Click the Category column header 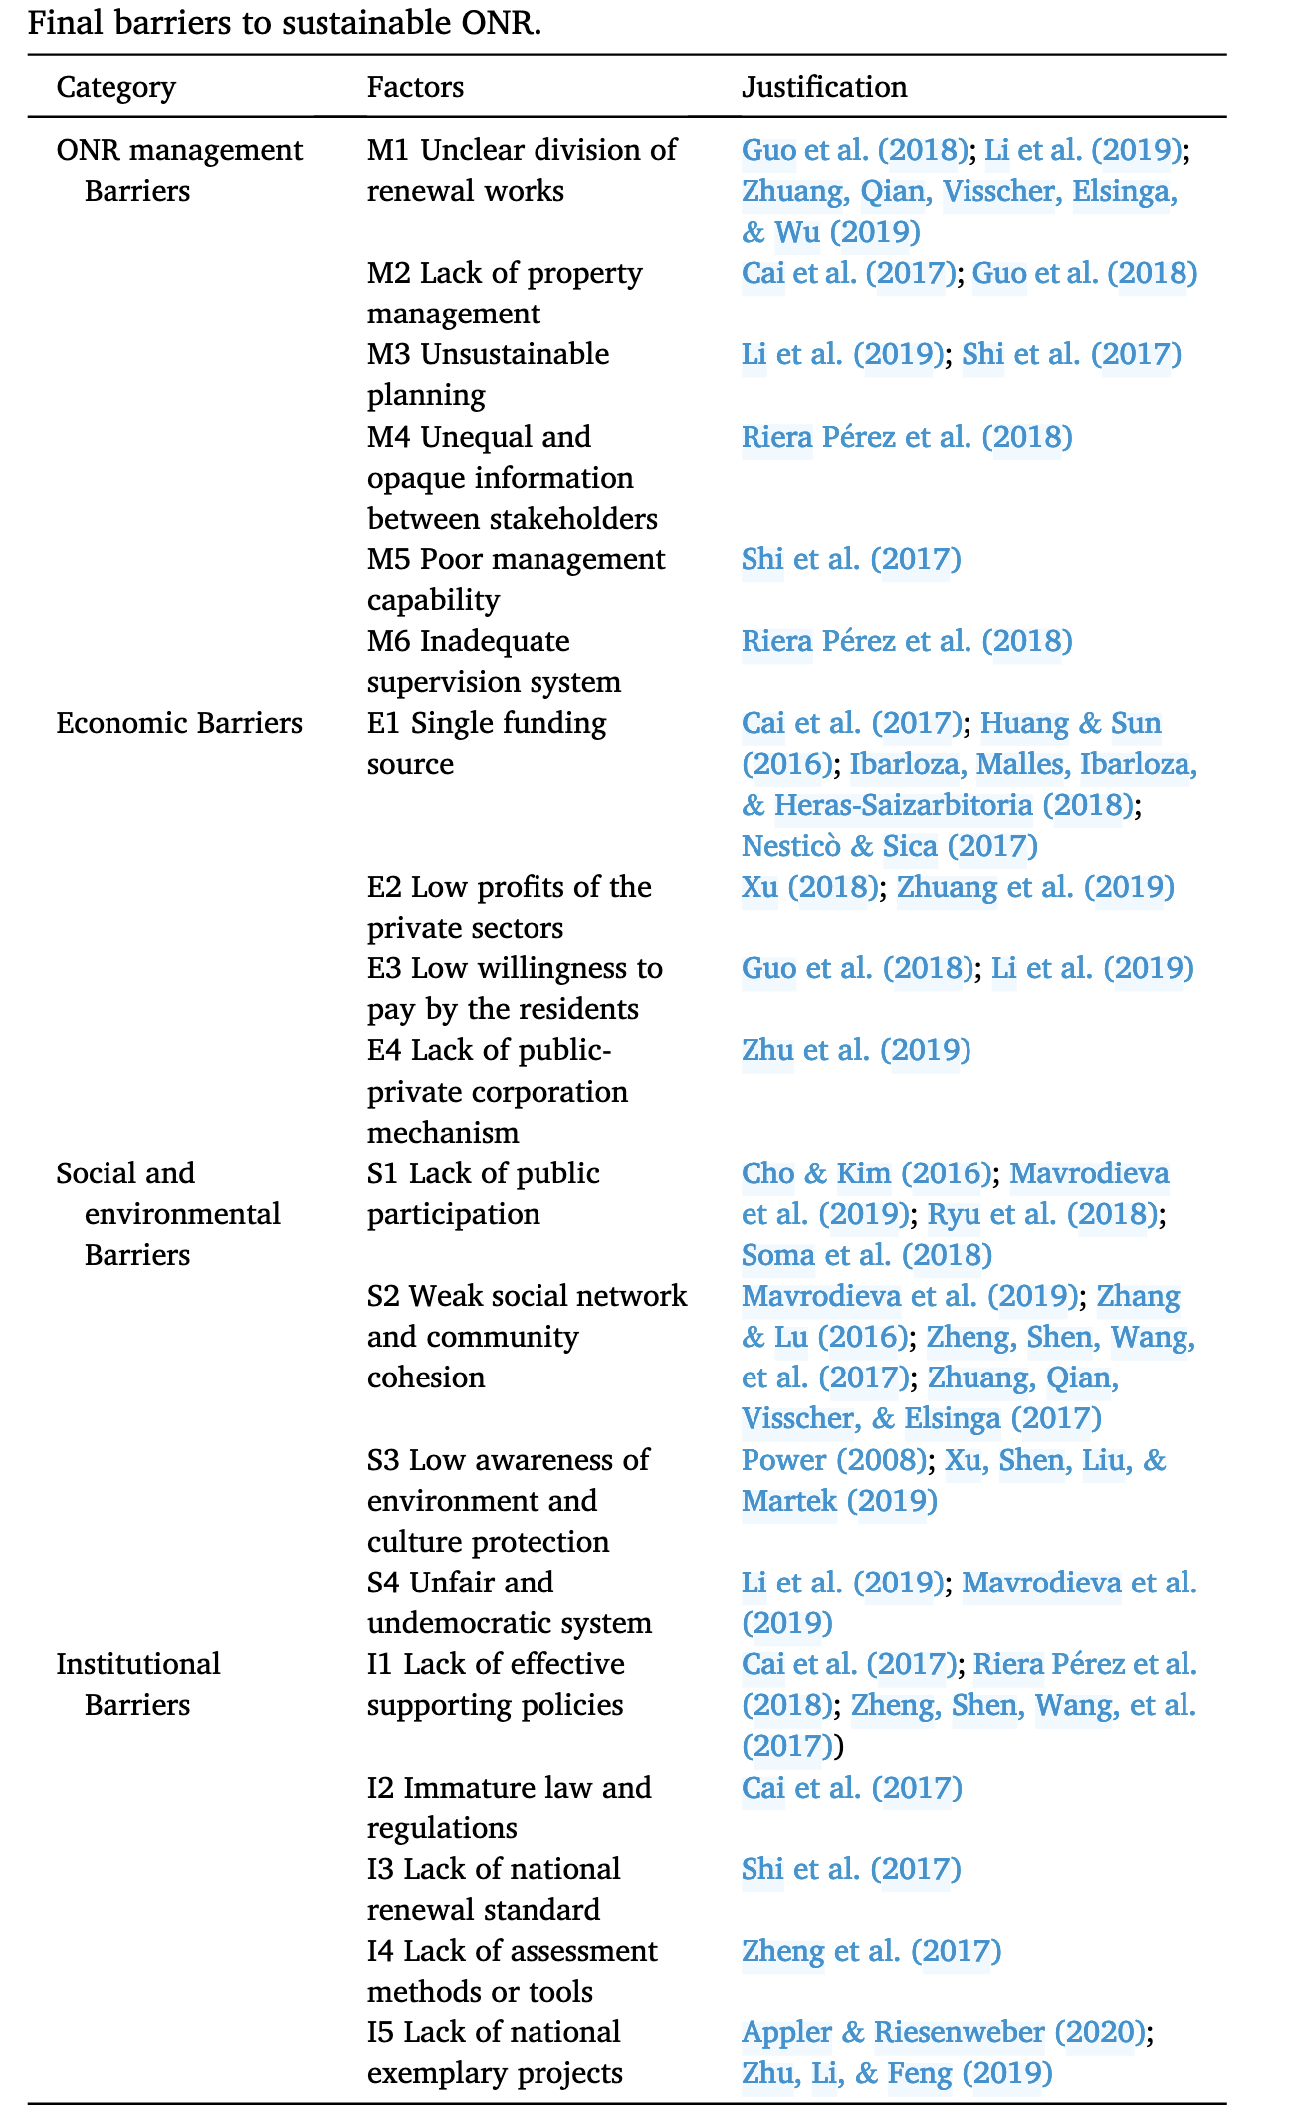[x=115, y=88]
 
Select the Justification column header [x=824, y=88]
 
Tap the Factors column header [x=415, y=88]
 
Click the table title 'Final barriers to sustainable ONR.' [x=285, y=22]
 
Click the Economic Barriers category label [x=179, y=723]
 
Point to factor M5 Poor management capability [x=516, y=579]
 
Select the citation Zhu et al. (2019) [x=856, y=1050]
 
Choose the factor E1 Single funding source [x=487, y=742]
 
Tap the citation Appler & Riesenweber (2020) [x=944, y=2032]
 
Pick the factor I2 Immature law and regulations [x=509, y=1807]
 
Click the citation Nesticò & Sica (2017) [x=889, y=846]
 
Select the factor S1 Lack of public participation [x=483, y=1193]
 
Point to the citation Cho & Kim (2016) [x=866, y=1173]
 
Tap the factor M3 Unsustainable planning [x=488, y=374]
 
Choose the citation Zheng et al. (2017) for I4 [x=871, y=1951]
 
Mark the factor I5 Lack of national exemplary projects [x=495, y=2052]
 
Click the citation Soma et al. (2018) [x=866, y=1255]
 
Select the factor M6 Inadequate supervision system [x=494, y=661]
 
